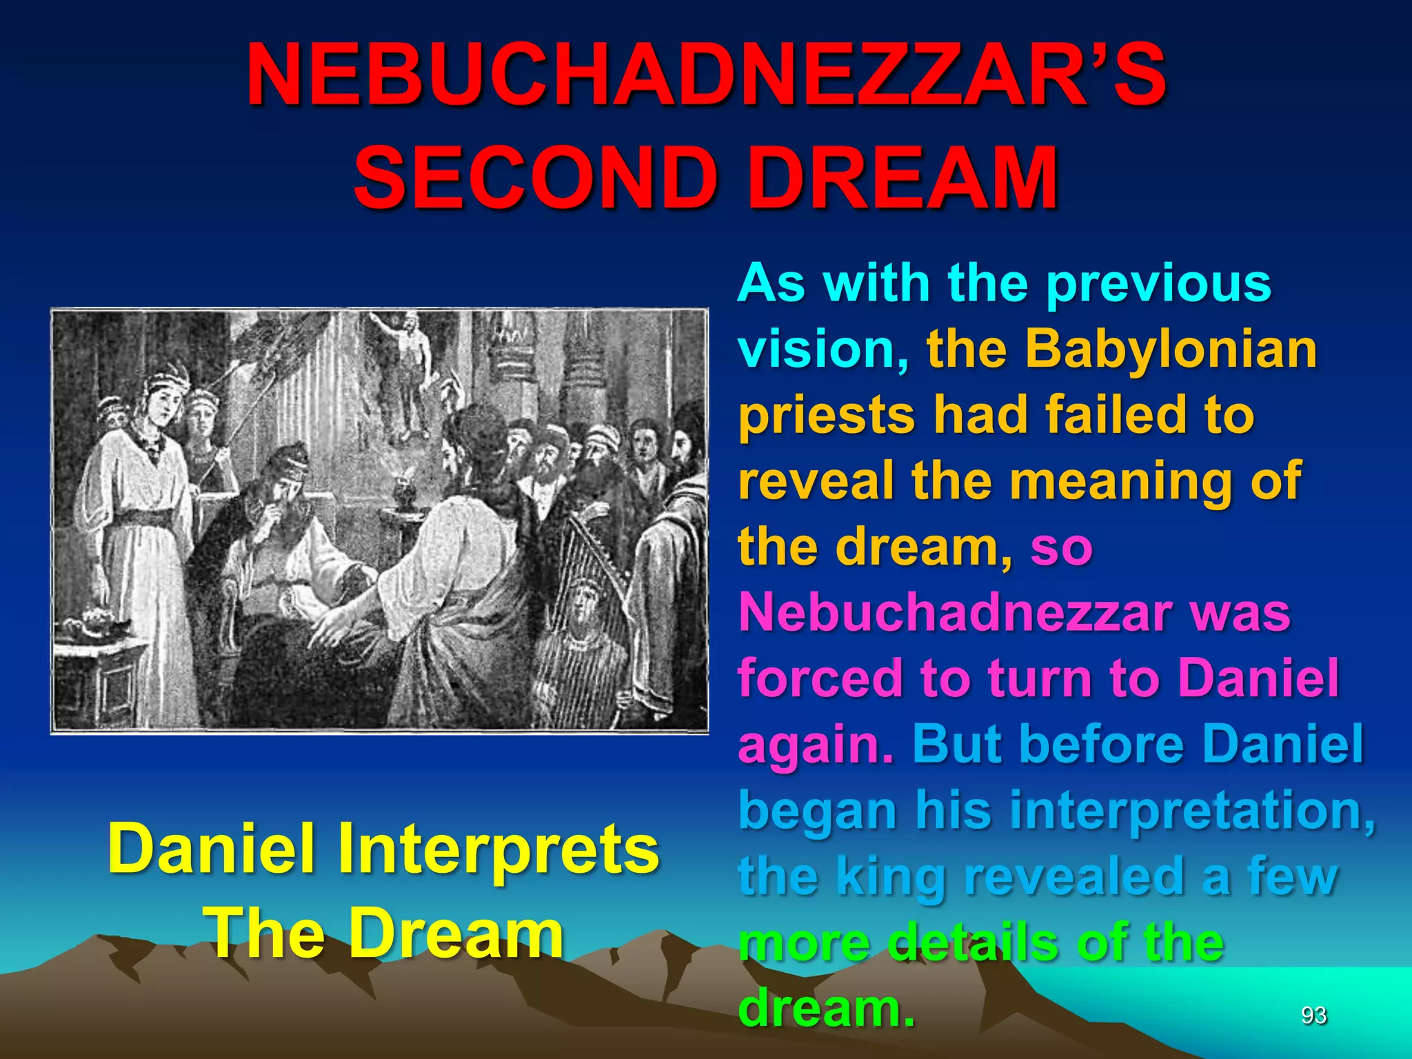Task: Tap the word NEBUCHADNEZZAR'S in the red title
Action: point(706,76)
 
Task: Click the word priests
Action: point(826,415)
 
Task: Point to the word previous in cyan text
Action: point(1158,283)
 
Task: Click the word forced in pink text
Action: point(819,678)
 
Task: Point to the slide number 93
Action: point(1313,1015)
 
